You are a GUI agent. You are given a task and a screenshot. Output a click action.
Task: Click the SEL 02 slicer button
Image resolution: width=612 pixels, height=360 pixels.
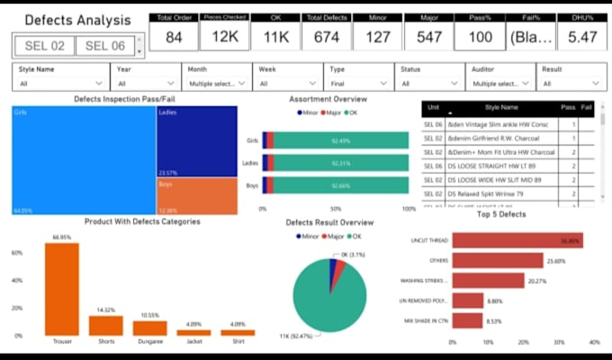(43, 47)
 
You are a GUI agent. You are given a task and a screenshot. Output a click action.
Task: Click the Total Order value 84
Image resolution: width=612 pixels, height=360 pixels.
(175, 37)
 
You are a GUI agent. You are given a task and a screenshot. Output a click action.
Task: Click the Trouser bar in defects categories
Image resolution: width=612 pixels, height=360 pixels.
(62, 289)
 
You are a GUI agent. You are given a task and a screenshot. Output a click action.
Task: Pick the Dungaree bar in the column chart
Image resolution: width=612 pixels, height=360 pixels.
(149, 328)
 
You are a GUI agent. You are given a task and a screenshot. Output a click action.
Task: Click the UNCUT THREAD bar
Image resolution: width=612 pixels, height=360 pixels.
(517, 240)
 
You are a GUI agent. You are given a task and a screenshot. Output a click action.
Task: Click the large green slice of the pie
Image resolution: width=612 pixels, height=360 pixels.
(328, 288)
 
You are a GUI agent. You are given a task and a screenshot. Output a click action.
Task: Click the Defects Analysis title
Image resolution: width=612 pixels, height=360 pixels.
(76, 19)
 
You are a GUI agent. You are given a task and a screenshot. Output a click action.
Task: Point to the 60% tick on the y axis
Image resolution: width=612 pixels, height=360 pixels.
(16, 253)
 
